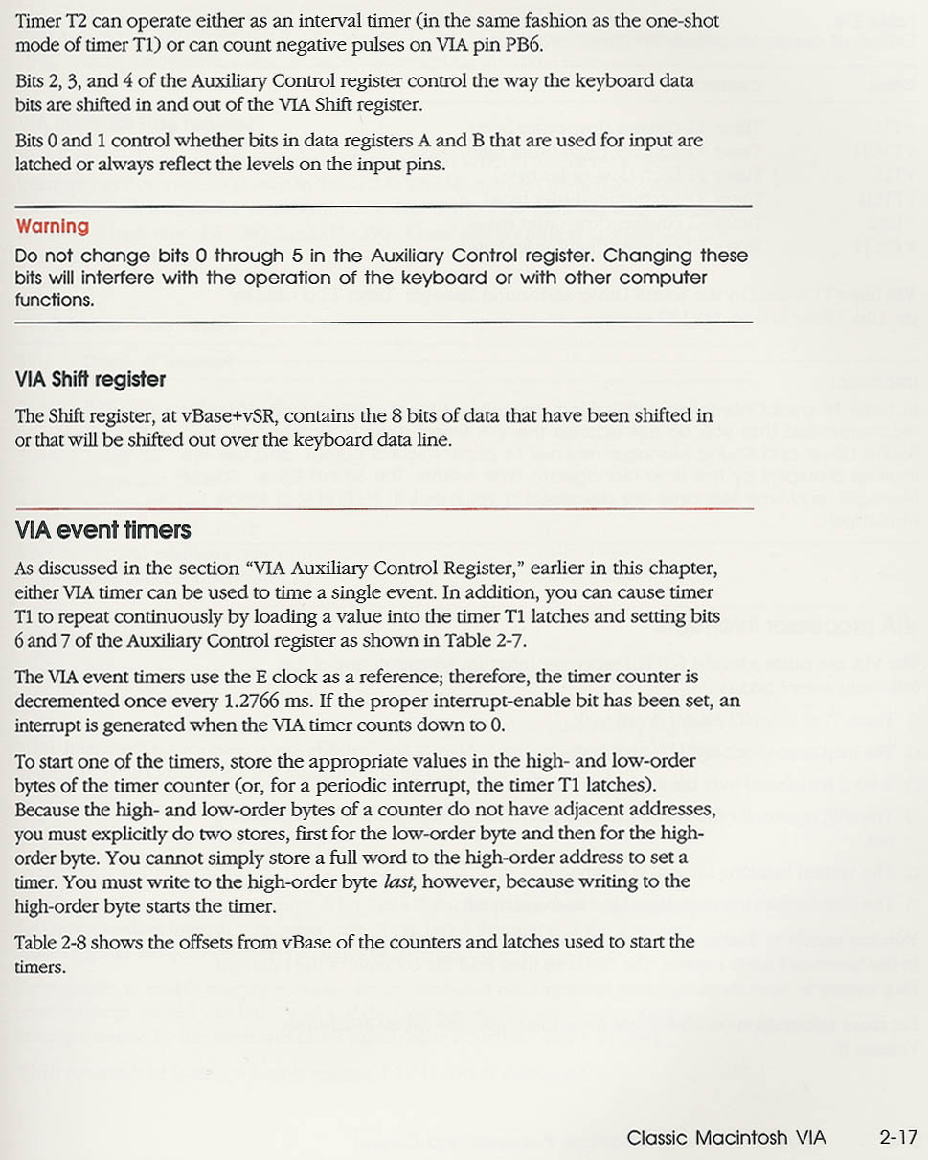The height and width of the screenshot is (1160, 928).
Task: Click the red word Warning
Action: click(x=53, y=227)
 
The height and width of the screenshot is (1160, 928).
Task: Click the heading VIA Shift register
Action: click(x=91, y=380)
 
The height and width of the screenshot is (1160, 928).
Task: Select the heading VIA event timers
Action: click(x=103, y=530)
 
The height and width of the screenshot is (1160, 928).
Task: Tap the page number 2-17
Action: click(x=897, y=1137)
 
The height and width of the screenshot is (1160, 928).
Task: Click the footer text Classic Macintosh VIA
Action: click(x=726, y=1137)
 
